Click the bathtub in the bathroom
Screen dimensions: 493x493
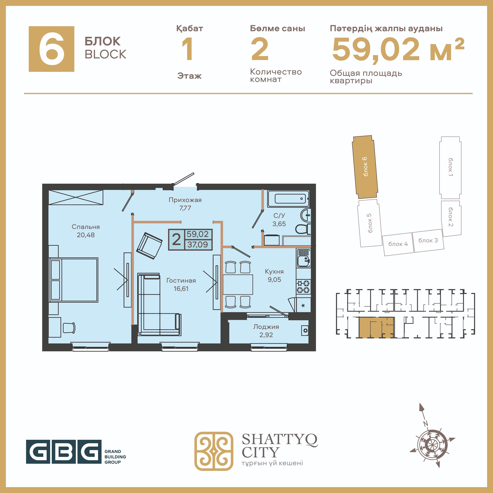(x=288, y=199)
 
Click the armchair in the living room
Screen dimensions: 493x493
(x=149, y=245)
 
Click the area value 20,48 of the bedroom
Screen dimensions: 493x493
(x=86, y=235)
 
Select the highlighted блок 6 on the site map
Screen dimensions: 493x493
(x=365, y=167)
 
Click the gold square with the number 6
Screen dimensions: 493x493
(x=52, y=49)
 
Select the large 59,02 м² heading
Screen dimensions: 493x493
(x=398, y=49)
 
